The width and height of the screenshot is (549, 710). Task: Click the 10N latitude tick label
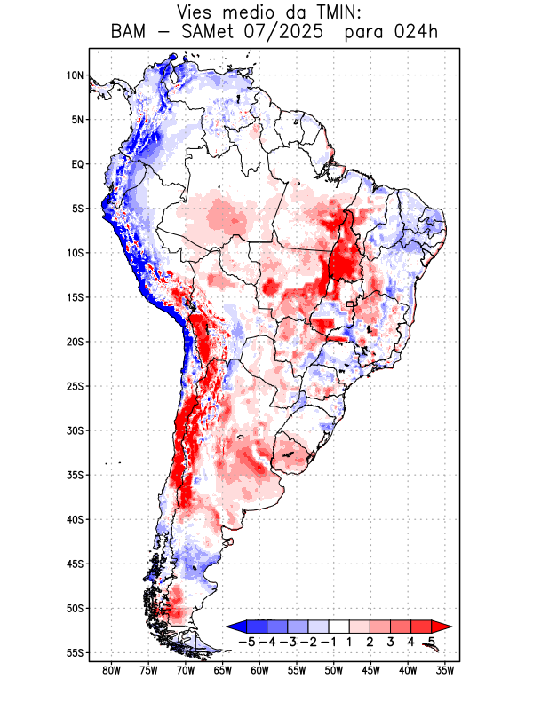(x=76, y=75)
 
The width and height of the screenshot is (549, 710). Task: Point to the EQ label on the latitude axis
(x=77, y=164)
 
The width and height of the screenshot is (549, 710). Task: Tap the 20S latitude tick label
(x=76, y=342)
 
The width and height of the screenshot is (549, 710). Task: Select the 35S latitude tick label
(x=76, y=475)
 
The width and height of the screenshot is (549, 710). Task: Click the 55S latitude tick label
(x=76, y=653)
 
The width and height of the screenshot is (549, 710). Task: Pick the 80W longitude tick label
(x=112, y=671)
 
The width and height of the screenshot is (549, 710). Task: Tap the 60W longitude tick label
(x=260, y=671)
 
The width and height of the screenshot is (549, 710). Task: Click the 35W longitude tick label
(x=446, y=671)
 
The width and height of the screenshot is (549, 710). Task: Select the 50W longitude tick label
(x=334, y=671)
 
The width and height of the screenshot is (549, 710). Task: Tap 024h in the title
(x=417, y=33)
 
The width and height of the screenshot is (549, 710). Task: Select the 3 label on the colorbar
(x=390, y=641)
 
